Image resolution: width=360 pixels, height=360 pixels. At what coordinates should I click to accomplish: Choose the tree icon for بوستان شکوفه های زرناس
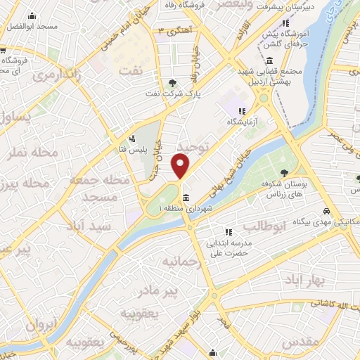pyautogui.click(x=285, y=173)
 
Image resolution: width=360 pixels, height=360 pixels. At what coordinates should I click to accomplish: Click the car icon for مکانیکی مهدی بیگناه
pyautogui.click(x=327, y=212)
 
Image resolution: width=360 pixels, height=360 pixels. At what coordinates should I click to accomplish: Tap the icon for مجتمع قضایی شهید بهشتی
pyautogui.click(x=271, y=61)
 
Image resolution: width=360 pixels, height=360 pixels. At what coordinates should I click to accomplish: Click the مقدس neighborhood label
pyautogui.click(x=304, y=342)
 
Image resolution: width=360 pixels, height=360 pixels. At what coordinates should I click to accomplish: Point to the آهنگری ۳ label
pyautogui.click(x=174, y=31)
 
